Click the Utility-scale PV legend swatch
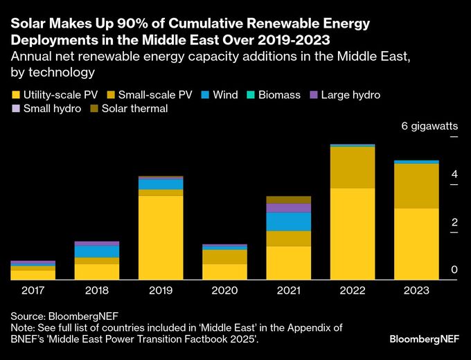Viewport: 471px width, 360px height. click(x=16, y=95)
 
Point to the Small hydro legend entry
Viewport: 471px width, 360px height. click(x=48, y=109)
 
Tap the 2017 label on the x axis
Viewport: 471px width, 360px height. click(x=33, y=291)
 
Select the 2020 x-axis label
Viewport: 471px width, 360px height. click(x=224, y=291)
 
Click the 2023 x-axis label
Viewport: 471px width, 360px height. click(x=416, y=291)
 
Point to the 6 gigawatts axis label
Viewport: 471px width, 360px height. click(x=429, y=126)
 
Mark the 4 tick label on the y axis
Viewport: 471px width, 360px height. click(x=454, y=174)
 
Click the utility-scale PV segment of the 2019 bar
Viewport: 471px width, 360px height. click(x=161, y=237)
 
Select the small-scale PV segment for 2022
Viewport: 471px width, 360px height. click(x=353, y=168)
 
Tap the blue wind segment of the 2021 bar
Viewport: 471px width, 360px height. click(x=289, y=222)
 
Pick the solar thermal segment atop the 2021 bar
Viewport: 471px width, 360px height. click(x=289, y=200)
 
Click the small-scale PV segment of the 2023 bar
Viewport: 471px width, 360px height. click(x=416, y=186)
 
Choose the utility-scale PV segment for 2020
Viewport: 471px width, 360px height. click(x=224, y=271)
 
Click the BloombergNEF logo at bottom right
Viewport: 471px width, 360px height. click(x=423, y=340)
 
